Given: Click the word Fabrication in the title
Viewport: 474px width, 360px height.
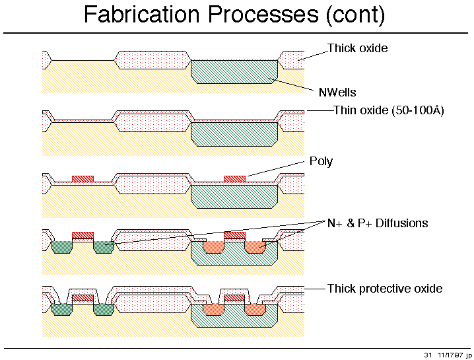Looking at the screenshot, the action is click(141, 14).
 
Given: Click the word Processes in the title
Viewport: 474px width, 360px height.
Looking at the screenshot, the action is click(263, 14).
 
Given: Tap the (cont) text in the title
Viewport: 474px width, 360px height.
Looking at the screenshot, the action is click(355, 15).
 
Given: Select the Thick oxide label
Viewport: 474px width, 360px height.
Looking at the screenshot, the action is click(358, 48).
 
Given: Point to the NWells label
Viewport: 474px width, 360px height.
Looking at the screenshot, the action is click(337, 92).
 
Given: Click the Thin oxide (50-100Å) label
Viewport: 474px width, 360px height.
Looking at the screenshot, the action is click(388, 110).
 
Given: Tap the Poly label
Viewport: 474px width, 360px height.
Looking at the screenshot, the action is click(321, 161).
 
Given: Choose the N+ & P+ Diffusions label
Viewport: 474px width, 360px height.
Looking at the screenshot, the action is click(378, 223).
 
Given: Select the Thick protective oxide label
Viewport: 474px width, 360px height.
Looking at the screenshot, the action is click(385, 289).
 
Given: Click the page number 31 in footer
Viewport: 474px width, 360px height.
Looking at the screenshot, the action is click(428, 355).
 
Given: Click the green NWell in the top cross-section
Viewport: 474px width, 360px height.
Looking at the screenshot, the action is click(234, 72).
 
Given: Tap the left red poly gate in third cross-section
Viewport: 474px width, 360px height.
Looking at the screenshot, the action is click(83, 179).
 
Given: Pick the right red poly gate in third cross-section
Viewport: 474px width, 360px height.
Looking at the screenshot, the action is click(234, 179).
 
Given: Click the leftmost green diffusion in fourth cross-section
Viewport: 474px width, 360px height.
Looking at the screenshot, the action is click(62, 247).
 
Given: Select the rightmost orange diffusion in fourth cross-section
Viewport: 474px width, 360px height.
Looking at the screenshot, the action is click(255, 247).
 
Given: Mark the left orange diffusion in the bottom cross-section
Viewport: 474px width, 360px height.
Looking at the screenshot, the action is click(213, 309).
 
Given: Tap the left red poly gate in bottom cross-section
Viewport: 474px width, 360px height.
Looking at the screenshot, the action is click(83, 298).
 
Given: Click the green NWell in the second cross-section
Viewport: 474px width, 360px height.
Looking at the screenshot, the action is click(234, 134).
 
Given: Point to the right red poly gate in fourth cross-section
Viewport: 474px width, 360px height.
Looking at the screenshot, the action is click(234, 235).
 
